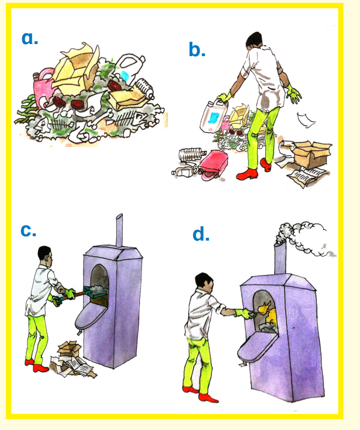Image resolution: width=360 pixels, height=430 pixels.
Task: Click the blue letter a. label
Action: click(30, 38)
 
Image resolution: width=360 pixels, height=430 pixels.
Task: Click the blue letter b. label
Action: click(197, 50)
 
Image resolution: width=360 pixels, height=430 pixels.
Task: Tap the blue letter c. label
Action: click(28, 231)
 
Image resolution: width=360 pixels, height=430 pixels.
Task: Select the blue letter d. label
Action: click(201, 235)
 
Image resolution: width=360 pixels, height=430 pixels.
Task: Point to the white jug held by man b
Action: click(214, 115)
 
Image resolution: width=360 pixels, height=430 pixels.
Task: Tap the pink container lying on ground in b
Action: click(214, 165)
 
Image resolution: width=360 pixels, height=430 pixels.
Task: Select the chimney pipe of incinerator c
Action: click(119, 230)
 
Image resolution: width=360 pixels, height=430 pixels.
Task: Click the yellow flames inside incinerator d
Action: click(268, 312)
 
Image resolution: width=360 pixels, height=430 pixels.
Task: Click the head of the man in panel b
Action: click(254, 39)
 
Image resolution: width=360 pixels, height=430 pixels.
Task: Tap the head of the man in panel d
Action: click(204, 282)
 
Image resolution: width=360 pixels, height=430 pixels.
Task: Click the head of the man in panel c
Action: click(45, 255)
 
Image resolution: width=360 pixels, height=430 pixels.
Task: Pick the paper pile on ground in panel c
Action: click(73, 360)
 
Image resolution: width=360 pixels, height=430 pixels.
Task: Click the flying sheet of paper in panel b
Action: click(306, 120)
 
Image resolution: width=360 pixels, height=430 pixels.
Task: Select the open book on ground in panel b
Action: click(307, 176)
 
